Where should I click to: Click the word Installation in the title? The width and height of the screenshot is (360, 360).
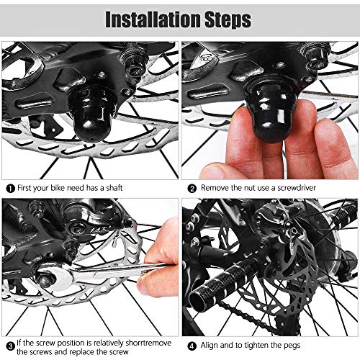[153, 19]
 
